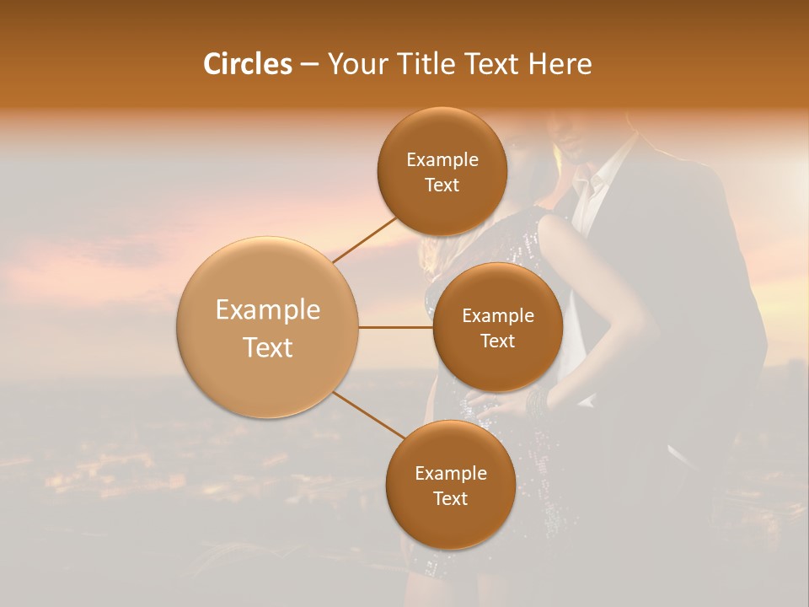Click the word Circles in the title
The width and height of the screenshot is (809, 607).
point(247,64)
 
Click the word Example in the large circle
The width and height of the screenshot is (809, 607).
point(268,310)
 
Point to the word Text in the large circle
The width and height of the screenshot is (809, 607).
point(268,347)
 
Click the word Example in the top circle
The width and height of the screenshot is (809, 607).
point(442,160)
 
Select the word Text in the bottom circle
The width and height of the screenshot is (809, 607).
point(451,499)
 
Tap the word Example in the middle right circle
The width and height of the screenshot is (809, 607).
point(497,316)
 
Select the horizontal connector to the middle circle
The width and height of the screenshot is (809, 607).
point(396,327)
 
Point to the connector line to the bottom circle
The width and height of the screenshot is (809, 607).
point(368,416)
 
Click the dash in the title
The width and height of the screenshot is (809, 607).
point(309,65)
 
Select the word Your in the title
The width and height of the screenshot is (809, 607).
point(355,64)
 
